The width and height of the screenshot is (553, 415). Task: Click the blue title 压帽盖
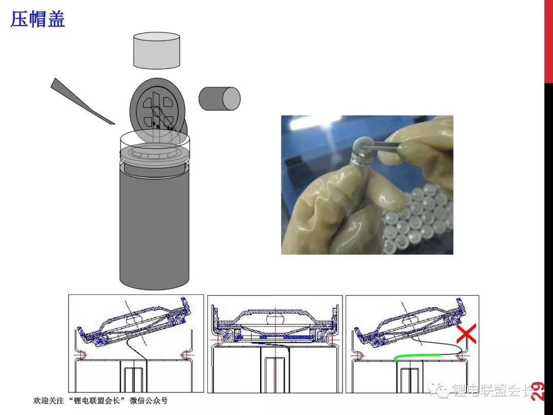pos(38,19)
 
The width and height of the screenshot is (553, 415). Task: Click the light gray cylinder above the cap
pos(157,50)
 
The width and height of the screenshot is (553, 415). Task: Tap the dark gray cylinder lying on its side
pos(219,99)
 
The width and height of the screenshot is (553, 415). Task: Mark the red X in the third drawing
pos(466,334)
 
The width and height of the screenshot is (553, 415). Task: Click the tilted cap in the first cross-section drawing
pos(134,322)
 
